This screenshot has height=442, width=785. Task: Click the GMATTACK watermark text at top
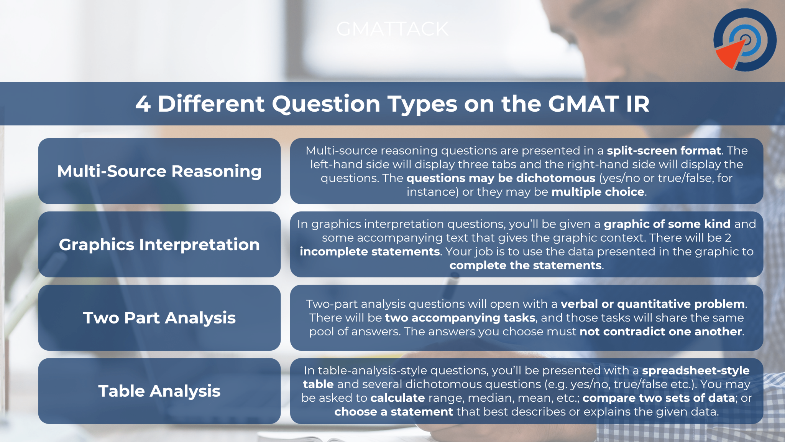click(x=392, y=29)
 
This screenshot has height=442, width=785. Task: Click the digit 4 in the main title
click(x=143, y=104)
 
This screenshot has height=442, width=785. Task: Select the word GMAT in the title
click(x=583, y=104)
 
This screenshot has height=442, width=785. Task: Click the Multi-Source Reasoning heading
click(x=159, y=171)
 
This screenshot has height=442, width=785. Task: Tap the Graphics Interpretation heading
click(x=159, y=244)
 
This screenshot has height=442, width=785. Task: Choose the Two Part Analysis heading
click(x=159, y=318)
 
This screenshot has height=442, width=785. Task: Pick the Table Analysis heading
click(x=159, y=391)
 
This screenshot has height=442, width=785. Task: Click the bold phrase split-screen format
click(x=663, y=150)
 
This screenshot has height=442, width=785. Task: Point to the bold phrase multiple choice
click(x=598, y=192)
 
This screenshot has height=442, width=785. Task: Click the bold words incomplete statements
click(x=370, y=252)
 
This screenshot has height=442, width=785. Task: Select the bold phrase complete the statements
click(x=525, y=266)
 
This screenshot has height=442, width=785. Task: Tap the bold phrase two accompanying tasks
click(x=460, y=318)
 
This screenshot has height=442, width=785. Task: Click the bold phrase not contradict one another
click(x=661, y=331)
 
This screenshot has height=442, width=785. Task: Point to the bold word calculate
click(x=397, y=398)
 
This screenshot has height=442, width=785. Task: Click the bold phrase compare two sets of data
click(x=659, y=398)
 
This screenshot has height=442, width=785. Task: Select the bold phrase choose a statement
click(x=393, y=412)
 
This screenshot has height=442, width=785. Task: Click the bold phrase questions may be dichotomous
click(x=501, y=178)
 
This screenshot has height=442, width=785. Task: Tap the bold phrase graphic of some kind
click(x=667, y=224)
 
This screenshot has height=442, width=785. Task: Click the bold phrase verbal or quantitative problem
click(x=653, y=304)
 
